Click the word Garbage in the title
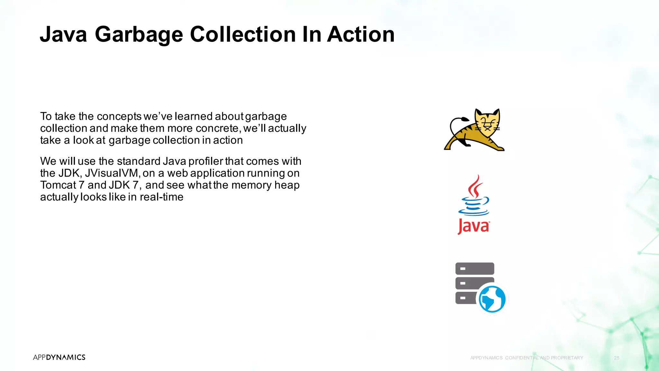pos(139,35)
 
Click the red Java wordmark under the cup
pos(473,226)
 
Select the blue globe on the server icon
pos(492,299)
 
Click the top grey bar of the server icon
pos(475,268)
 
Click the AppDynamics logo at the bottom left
pos(59,357)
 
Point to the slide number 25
pos(617,358)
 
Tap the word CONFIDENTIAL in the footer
pos(522,358)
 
